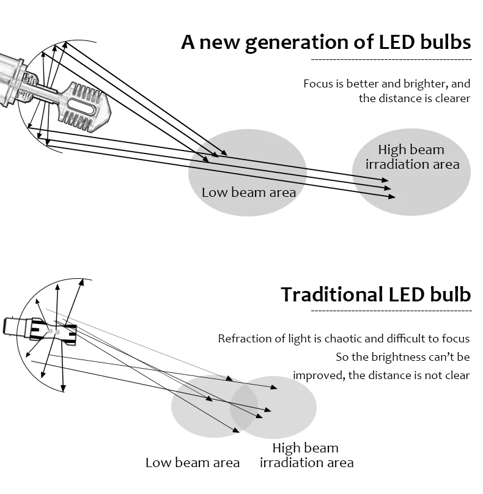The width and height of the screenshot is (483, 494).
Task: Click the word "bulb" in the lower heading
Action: pos(449,295)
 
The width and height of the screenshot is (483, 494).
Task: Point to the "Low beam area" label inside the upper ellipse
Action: pos(248,193)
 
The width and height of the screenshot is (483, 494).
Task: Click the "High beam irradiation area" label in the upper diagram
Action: pos(412,157)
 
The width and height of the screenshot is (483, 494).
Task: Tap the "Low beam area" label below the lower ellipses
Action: pos(192,463)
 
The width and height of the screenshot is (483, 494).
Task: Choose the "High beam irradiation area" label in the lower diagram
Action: pos(306,456)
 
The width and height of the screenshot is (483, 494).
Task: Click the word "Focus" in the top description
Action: pos(318,84)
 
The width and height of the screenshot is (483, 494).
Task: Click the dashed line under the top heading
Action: pos(391,60)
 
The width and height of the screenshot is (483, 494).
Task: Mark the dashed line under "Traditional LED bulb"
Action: pos(391,311)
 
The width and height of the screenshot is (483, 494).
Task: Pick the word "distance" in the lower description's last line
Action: pos(389,375)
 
